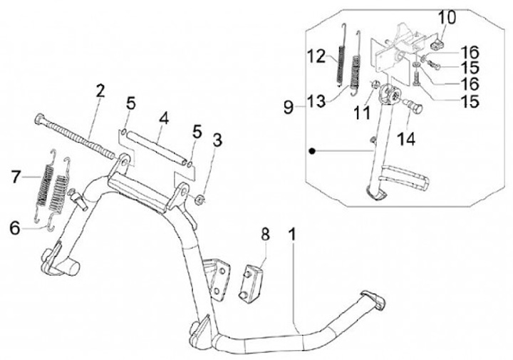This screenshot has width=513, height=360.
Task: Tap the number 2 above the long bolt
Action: click(x=100, y=91)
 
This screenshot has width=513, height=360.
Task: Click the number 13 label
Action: click(x=316, y=100)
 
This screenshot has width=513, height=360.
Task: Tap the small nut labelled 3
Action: click(x=201, y=196)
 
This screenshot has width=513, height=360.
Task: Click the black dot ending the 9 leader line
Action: click(x=311, y=151)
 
